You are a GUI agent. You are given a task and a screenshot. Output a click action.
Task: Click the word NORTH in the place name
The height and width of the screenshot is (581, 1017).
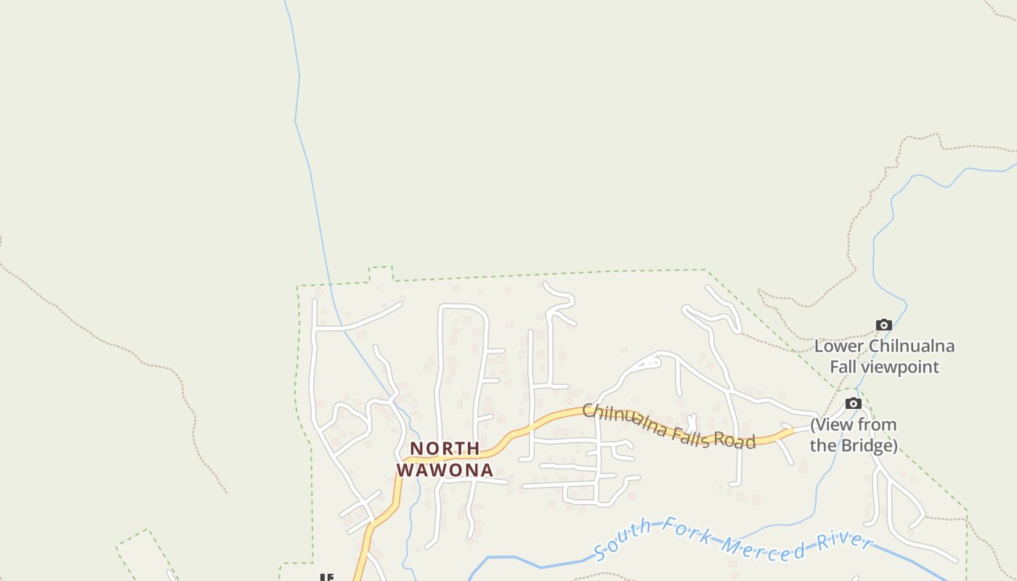click(445, 449)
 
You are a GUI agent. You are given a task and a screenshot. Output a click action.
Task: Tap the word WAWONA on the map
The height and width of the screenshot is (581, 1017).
click(445, 470)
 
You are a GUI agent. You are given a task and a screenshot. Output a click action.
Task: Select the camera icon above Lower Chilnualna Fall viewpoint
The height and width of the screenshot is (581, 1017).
click(883, 325)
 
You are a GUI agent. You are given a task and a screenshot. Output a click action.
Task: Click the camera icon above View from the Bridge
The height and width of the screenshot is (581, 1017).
click(854, 403)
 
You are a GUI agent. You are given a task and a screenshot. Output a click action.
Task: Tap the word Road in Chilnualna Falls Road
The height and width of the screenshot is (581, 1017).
click(735, 441)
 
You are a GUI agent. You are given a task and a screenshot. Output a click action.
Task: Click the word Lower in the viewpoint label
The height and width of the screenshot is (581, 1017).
click(839, 346)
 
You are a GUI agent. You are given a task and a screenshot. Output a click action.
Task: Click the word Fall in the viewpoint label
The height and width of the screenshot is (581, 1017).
click(844, 367)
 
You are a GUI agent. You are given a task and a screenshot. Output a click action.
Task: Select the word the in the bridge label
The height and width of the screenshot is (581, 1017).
click(822, 445)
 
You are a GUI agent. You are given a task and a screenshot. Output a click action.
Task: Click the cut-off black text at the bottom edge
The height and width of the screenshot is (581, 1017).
click(326, 577)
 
